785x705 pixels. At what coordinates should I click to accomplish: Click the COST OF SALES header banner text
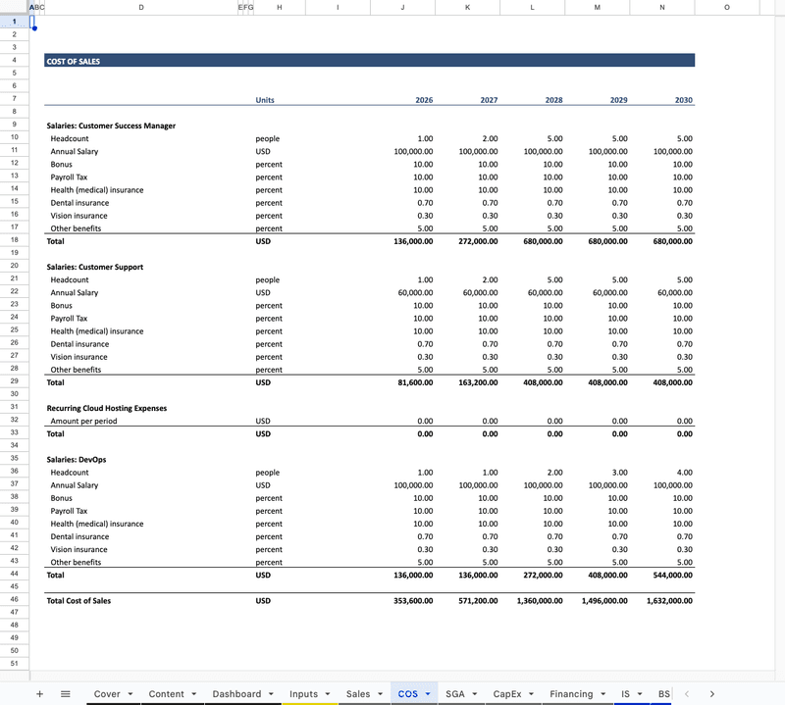click(x=74, y=61)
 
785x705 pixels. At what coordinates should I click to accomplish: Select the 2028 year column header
click(x=553, y=100)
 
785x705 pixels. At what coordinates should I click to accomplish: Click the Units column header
click(x=265, y=100)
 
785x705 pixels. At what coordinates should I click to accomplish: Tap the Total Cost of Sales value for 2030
click(x=669, y=601)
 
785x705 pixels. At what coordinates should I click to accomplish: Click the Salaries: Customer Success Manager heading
click(x=111, y=126)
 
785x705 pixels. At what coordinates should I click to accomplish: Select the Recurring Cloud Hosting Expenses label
click(x=107, y=408)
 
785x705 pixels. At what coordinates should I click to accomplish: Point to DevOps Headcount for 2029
click(x=619, y=473)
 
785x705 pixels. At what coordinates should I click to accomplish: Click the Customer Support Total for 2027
click(x=478, y=382)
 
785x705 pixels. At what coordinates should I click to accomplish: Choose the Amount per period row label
click(x=83, y=421)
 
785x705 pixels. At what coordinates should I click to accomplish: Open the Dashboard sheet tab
click(x=237, y=694)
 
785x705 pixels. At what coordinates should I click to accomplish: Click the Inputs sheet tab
click(x=304, y=694)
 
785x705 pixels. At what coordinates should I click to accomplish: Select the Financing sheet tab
click(x=571, y=694)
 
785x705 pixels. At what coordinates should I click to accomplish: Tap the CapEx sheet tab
click(x=507, y=694)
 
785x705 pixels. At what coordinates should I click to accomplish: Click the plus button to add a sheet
click(x=39, y=694)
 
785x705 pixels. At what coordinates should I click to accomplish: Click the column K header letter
click(x=467, y=8)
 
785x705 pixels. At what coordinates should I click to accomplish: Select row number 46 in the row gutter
click(x=14, y=598)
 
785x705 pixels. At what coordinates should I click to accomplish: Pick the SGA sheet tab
click(x=455, y=694)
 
